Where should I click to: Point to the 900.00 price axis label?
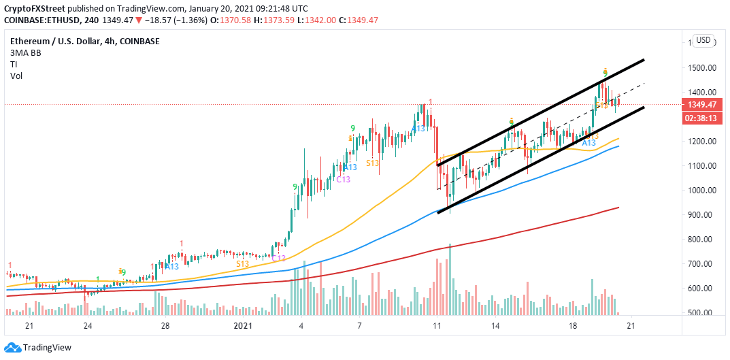pos(701,215)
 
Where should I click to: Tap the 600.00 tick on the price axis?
pos(701,289)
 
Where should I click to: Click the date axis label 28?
pos(165,326)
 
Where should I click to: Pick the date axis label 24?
pos(87,326)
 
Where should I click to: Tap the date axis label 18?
pos(572,326)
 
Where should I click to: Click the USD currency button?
pos(703,40)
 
